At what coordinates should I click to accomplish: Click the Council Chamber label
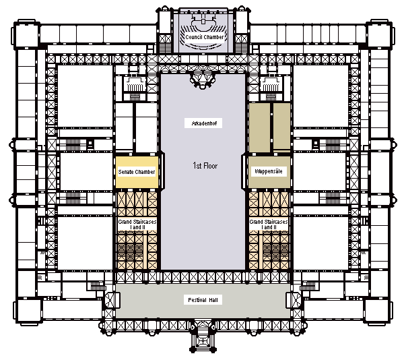point(205,37)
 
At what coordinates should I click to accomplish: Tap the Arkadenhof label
point(203,123)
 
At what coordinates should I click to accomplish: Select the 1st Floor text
point(205,166)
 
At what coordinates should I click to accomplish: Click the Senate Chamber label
point(137,172)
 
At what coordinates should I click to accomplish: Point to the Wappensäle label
point(269,171)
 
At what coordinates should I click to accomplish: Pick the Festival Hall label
point(203,300)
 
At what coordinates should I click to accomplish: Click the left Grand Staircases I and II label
point(137,224)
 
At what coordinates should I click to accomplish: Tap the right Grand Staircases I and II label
point(269,224)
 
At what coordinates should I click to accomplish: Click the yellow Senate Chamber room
point(137,172)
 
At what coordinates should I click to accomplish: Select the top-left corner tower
point(26,34)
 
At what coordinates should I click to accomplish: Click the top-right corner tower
point(379,34)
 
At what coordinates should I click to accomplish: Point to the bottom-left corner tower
point(28,311)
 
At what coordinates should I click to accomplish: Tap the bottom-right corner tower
point(377,311)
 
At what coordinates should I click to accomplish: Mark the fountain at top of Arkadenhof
point(203,80)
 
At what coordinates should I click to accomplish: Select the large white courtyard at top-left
point(85,96)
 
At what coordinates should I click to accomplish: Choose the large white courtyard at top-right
point(321,96)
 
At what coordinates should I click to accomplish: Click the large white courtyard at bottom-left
point(85,243)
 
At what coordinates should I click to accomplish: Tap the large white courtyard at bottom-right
point(321,243)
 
